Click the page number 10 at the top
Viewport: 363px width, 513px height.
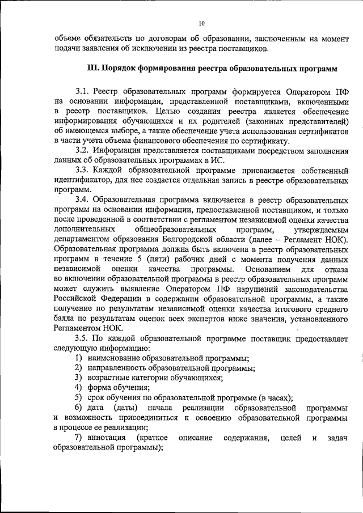point(202,23)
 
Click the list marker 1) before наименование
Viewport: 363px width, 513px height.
point(79,358)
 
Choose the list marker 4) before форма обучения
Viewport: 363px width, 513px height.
point(79,388)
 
